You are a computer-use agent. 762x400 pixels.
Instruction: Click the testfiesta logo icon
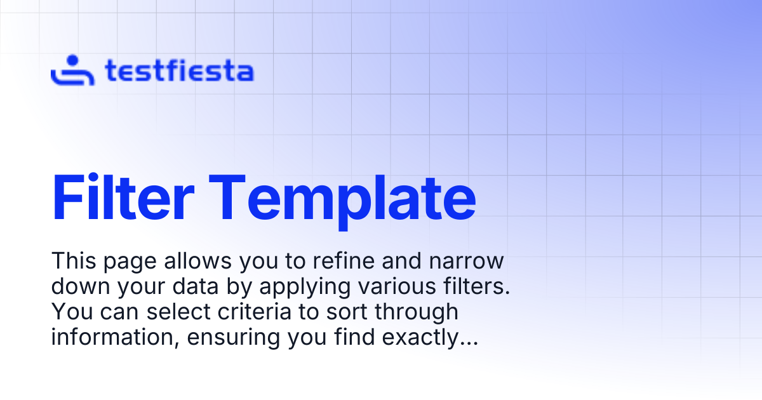click(72, 70)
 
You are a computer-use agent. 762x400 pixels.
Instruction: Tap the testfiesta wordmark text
click(180, 70)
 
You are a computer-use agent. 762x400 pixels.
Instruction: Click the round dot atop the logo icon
click(72, 60)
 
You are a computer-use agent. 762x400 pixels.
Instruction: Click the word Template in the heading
click(342, 202)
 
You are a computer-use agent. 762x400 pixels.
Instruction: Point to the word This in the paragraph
click(74, 261)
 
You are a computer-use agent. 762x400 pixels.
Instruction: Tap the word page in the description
click(130, 263)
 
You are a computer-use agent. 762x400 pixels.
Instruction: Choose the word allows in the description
click(198, 261)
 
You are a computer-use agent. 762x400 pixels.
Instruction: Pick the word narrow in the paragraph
click(466, 262)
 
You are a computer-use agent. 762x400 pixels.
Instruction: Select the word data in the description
click(196, 286)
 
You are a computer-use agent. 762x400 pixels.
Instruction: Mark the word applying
click(305, 288)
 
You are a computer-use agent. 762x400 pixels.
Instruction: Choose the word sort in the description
click(347, 312)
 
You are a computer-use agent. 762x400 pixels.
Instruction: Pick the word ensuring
click(234, 340)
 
